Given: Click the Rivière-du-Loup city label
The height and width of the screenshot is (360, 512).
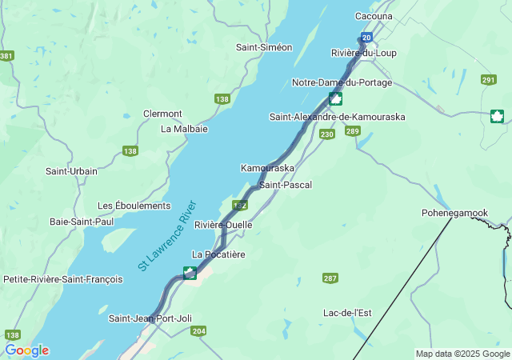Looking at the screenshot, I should pyautogui.click(x=363, y=53).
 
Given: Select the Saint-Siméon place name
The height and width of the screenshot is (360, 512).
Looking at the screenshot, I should pyautogui.click(x=263, y=47).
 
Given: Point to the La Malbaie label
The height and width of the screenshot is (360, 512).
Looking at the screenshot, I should pyautogui.click(x=184, y=128).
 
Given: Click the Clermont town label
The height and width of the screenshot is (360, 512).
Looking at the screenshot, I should pyautogui.click(x=162, y=114).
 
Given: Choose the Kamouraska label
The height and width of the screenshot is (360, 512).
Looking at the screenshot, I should pyautogui.click(x=267, y=168).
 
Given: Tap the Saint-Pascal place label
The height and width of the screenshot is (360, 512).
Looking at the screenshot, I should pyautogui.click(x=285, y=185).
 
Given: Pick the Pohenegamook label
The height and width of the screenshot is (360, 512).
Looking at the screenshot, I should pyautogui.click(x=454, y=213).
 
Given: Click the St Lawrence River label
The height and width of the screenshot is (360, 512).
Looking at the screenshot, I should pyautogui.click(x=166, y=235).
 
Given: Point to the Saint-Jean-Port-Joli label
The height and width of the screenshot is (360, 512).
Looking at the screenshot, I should pyautogui.click(x=150, y=318).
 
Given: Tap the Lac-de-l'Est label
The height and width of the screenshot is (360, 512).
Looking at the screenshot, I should pyautogui.click(x=346, y=312).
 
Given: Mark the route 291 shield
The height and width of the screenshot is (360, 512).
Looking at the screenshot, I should pyautogui.click(x=488, y=80).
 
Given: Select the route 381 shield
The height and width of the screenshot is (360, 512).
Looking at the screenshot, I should pyautogui.click(x=6, y=56).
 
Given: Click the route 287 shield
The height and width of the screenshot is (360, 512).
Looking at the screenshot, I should pyautogui.click(x=330, y=278).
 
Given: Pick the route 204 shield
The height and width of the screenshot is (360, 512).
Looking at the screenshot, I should pyautogui.click(x=199, y=331).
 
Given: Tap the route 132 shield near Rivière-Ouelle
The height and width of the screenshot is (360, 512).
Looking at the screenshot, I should pyautogui.click(x=239, y=206).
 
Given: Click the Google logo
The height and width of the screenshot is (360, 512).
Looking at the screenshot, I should pyautogui.click(x=26, y=350).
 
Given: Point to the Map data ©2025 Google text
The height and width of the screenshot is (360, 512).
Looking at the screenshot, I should pyautogui.click(x=462, y=354).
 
